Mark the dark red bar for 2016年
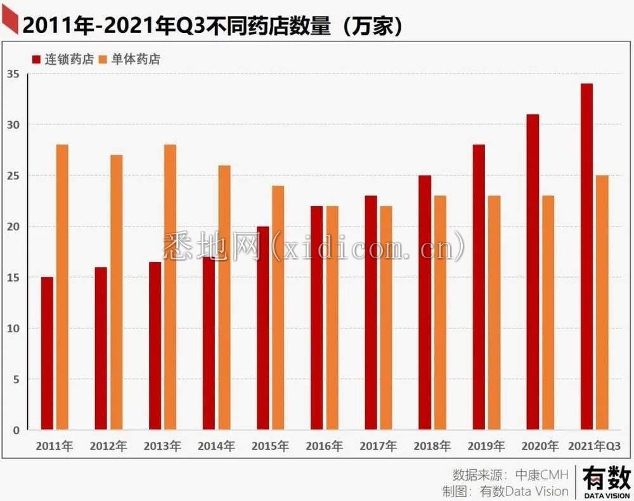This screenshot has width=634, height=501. (x=316, y=318)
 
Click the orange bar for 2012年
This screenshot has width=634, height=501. (x=116, y=292)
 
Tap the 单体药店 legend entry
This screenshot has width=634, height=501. (x=130, y=60)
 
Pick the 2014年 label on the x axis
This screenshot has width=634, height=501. (x=216, y=446)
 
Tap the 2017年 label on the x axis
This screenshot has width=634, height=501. (x=378, y=446)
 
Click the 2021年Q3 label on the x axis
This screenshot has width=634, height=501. (x=594, y=446)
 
